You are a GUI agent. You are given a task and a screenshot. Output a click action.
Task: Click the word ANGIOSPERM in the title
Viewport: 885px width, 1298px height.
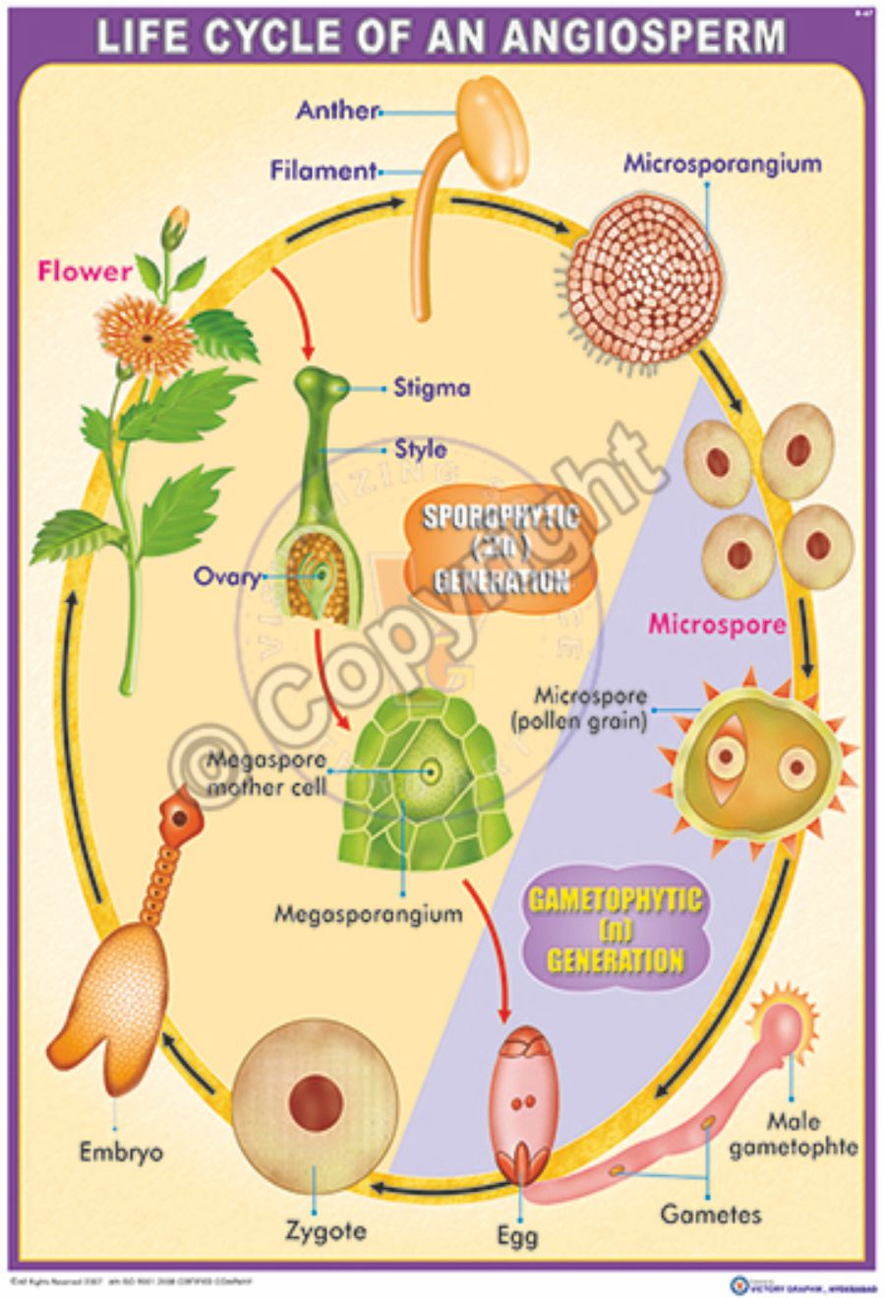644,37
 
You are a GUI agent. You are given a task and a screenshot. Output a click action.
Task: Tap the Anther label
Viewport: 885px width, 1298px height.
337,110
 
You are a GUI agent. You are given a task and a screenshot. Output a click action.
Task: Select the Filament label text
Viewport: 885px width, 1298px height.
324,170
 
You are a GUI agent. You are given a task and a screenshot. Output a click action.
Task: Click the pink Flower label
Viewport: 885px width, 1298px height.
85,271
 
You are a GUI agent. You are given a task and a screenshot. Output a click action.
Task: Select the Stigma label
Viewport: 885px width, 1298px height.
432,387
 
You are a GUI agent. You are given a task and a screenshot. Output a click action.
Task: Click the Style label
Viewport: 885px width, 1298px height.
420,450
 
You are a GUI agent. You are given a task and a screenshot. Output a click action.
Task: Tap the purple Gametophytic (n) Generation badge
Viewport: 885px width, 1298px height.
615,930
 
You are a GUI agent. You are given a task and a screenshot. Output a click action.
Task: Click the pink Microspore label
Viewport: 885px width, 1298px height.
718,624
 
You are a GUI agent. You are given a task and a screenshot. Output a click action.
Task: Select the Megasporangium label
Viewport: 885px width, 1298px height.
368,914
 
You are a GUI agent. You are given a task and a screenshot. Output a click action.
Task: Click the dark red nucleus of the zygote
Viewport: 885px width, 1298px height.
315,1101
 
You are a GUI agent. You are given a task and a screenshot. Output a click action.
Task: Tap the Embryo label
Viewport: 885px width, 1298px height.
122,1151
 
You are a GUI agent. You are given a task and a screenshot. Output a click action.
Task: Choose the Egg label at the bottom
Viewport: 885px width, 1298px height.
517,1235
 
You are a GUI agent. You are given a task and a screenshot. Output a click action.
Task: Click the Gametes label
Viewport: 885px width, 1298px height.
710,1213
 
